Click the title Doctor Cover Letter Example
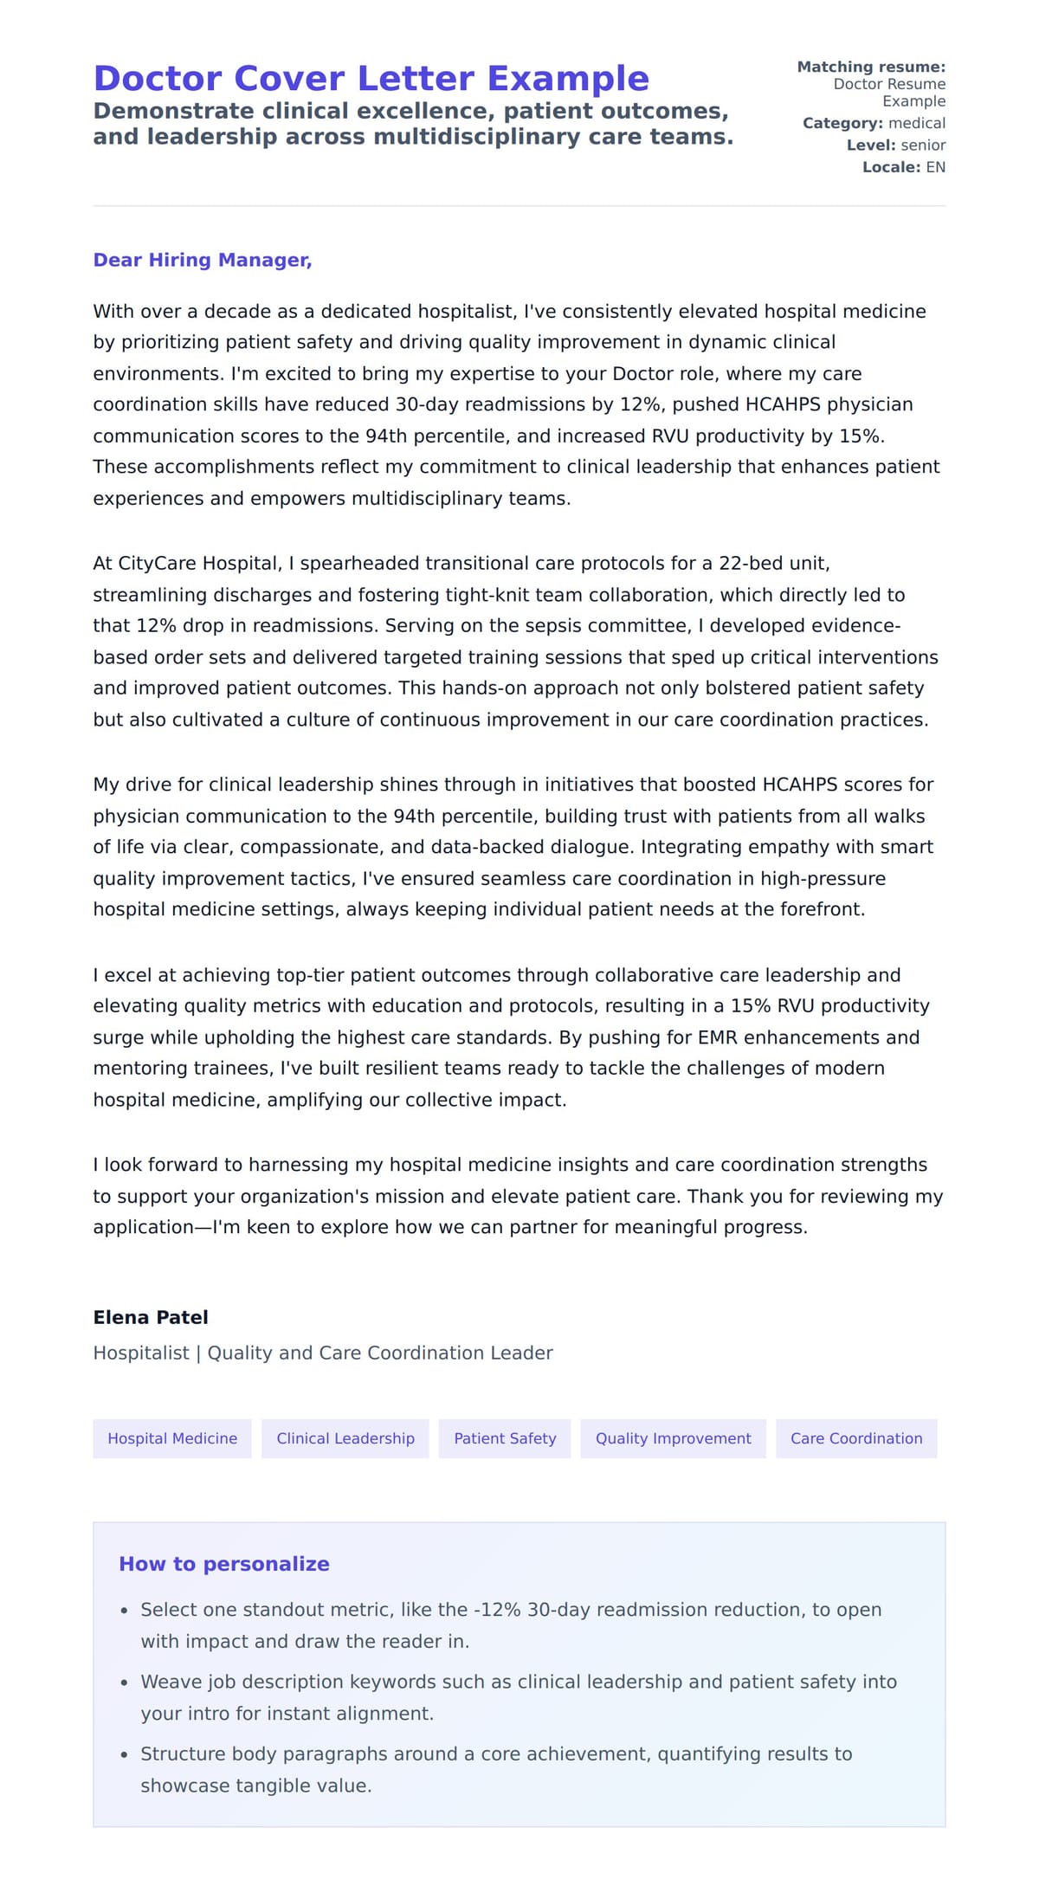click(x=371, y=79)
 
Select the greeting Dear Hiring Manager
click(x=202, y=260)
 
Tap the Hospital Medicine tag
click(x=172, y=1438)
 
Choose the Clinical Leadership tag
click(x=345, y=1438)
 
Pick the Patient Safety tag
click(x=505, y=1438)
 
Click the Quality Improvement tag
click(x=673, y=1438)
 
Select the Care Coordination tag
click(x=856, y=1438)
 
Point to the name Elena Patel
click(x=151, y=1317)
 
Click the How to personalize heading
click(x=224, y=1564)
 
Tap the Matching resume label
click(x=871, y=67)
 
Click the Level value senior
click(x=923, y=145)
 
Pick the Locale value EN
click(x=935, y=167)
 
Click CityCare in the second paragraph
click(x=156, y=564)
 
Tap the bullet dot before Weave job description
click(x=125, y=1683)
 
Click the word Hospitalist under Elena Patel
click(x=140, y=1353)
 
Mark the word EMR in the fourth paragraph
click(x=716, y=1037)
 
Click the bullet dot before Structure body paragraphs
click(x=125, y=1754)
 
